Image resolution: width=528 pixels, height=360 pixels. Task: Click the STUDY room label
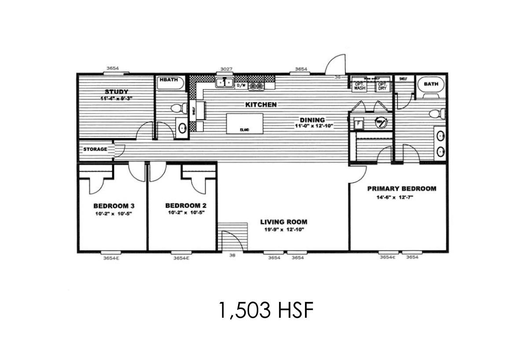click(x=116, y=92)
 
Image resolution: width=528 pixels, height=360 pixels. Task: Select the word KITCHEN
click(x=261, y=105)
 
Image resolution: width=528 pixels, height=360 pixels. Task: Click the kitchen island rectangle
click(x=245, y=123)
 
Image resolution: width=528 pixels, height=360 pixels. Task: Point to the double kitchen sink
click(x=224, y=82)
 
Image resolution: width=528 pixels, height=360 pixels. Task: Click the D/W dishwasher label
click(x=241, y=86)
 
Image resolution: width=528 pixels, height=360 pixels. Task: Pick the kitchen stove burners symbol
click(x=256, y=86)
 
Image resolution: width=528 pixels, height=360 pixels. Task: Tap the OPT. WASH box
click(x=360, y=86)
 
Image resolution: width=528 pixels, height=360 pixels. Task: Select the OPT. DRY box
click(x=382, y=86)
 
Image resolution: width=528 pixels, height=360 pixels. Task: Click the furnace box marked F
click(x=359, y=124)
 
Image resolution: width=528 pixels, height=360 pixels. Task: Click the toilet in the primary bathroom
click(x=435, y=114)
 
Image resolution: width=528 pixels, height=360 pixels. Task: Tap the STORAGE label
click(x=95, y=149)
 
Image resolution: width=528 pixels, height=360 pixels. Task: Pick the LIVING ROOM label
click(x=283, y=222)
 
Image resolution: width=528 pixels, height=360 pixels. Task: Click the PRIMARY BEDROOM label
click(x=402, y=188)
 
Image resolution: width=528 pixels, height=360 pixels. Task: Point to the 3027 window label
click(x=226, y=70)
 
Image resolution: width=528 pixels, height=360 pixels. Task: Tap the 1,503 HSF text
click(x=265, y=311)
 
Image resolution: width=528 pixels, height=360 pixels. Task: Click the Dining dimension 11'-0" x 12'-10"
click(x=314, y=126)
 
